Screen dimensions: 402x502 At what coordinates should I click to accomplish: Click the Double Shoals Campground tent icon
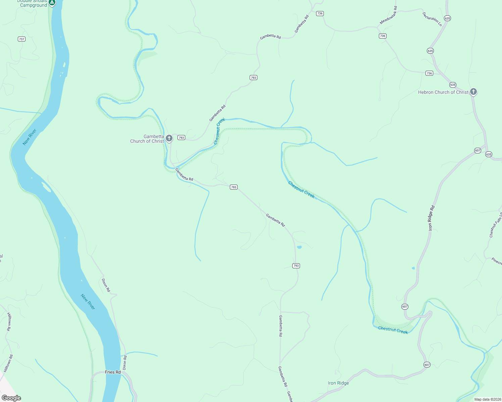52,3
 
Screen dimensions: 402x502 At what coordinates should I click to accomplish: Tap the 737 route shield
22,39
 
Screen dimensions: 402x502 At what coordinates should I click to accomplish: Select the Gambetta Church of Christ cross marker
169,138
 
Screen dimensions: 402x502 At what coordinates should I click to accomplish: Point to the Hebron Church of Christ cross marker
473,91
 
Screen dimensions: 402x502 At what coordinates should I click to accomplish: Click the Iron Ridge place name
338,383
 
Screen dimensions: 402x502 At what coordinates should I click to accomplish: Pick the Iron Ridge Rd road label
431,218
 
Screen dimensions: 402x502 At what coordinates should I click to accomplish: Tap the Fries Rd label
113,372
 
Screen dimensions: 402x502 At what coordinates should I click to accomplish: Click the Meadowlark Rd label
389,15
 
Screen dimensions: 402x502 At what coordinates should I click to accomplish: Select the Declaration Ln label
432,19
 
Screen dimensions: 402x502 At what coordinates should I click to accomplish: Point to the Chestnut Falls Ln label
496,225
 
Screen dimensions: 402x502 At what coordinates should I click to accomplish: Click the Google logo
11,398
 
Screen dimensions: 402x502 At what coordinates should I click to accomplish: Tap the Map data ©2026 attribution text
487,399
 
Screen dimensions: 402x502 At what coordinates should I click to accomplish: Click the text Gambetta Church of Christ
147,139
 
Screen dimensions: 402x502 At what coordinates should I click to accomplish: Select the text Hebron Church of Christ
443,92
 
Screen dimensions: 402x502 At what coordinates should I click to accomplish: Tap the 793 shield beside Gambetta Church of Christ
181,138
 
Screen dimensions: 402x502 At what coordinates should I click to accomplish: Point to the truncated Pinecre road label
497,261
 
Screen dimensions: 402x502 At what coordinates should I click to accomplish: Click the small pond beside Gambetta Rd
299,247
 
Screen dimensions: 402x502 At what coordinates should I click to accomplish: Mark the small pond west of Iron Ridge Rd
413,268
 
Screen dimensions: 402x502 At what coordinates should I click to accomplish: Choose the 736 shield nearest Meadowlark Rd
383,36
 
